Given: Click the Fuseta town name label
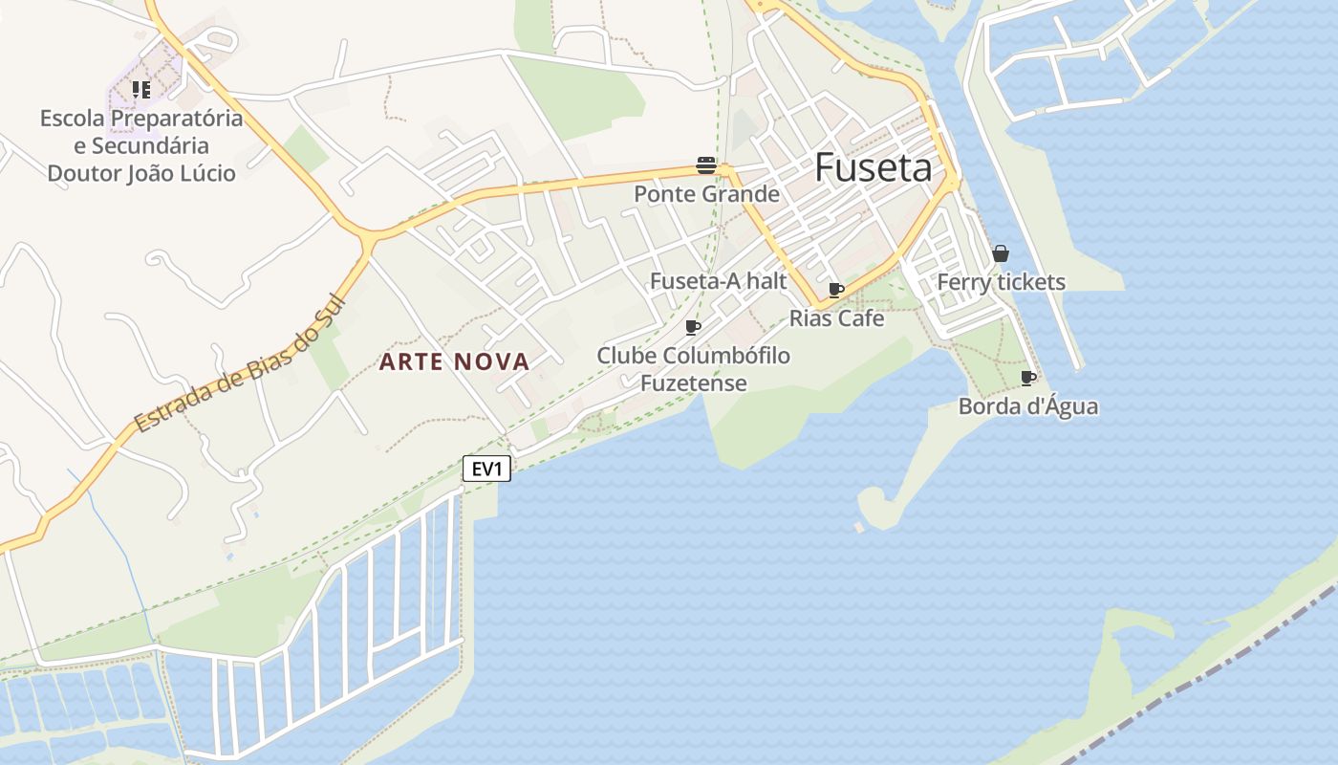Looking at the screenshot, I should click(874, 168).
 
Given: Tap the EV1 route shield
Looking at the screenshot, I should click(487, 469).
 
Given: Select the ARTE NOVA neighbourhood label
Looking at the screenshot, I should click(455, 361).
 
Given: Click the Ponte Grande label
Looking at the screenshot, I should click(706, 194).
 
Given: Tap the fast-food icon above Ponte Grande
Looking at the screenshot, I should click(706, 165).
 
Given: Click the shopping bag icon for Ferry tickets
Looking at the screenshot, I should click(1000, 253).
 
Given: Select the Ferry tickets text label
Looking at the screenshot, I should click(1001, 282).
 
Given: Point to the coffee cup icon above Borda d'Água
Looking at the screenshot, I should click(1027, 379).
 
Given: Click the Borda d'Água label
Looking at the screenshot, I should click(1027, 406).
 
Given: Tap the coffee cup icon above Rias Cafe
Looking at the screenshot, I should click(836, 290).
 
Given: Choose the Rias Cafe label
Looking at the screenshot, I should click(836, 318).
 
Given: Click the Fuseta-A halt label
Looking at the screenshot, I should click(718, 281).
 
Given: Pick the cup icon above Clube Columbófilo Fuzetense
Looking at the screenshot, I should click(693, 328).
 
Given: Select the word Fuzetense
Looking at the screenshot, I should click(693, 383).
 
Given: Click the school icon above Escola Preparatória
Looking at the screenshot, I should click(141, 90).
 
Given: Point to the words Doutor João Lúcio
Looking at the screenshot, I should click(141, 173).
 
